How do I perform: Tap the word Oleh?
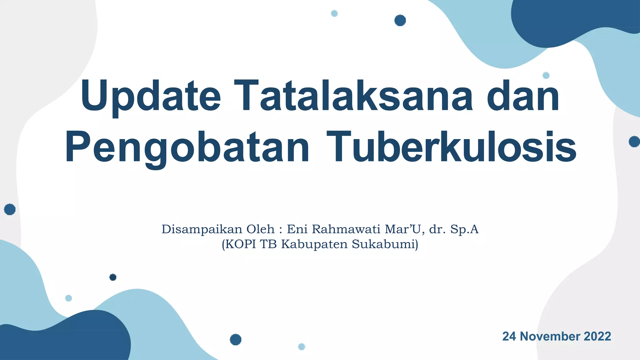pos(260,229)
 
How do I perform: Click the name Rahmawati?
pos(346,229)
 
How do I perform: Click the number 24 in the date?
pos(509,337)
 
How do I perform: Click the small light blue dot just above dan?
pos(546,75)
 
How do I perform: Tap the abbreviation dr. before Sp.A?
pos(437,229)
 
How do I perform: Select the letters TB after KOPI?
pos(268,244)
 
